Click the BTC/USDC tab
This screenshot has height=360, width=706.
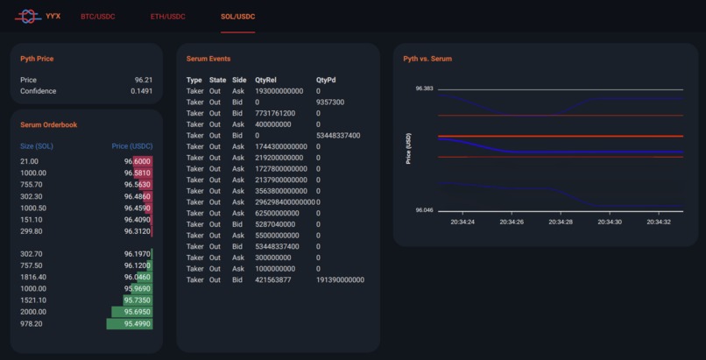97,17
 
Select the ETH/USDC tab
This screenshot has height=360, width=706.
168,17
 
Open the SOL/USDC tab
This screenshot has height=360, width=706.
238,17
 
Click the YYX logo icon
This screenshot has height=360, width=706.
28,16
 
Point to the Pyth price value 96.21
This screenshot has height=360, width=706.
144,80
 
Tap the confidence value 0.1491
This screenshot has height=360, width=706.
141,91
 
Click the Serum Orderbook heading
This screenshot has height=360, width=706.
48,125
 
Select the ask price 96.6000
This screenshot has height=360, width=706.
138,162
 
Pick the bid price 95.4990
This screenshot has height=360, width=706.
138,324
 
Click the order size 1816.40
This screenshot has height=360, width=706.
33,277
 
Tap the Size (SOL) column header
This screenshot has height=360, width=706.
37,146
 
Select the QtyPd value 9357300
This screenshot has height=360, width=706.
330,102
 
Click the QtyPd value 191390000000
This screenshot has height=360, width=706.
340,280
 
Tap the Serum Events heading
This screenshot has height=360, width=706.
208,59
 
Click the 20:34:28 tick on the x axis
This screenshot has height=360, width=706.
561,222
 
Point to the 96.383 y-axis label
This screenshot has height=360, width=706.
425,89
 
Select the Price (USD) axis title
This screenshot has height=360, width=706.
408,150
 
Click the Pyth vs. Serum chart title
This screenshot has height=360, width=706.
427,59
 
